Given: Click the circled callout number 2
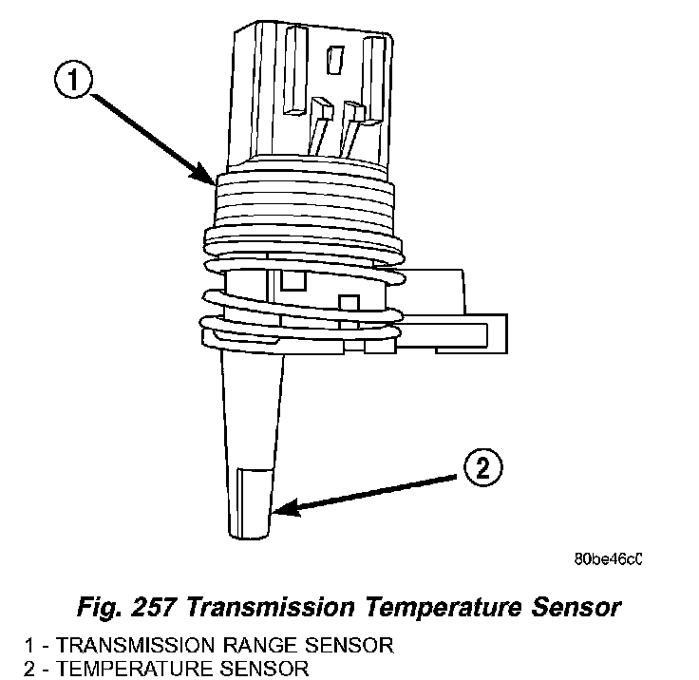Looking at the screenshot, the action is [482, 468].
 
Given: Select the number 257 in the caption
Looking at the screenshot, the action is [165, 606].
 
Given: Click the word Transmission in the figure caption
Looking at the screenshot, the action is [275, 606].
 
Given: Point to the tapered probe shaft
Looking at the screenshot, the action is [252, 418].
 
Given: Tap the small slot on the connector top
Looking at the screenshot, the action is [333, 62].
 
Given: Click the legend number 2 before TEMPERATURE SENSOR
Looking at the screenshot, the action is [9, 669].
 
